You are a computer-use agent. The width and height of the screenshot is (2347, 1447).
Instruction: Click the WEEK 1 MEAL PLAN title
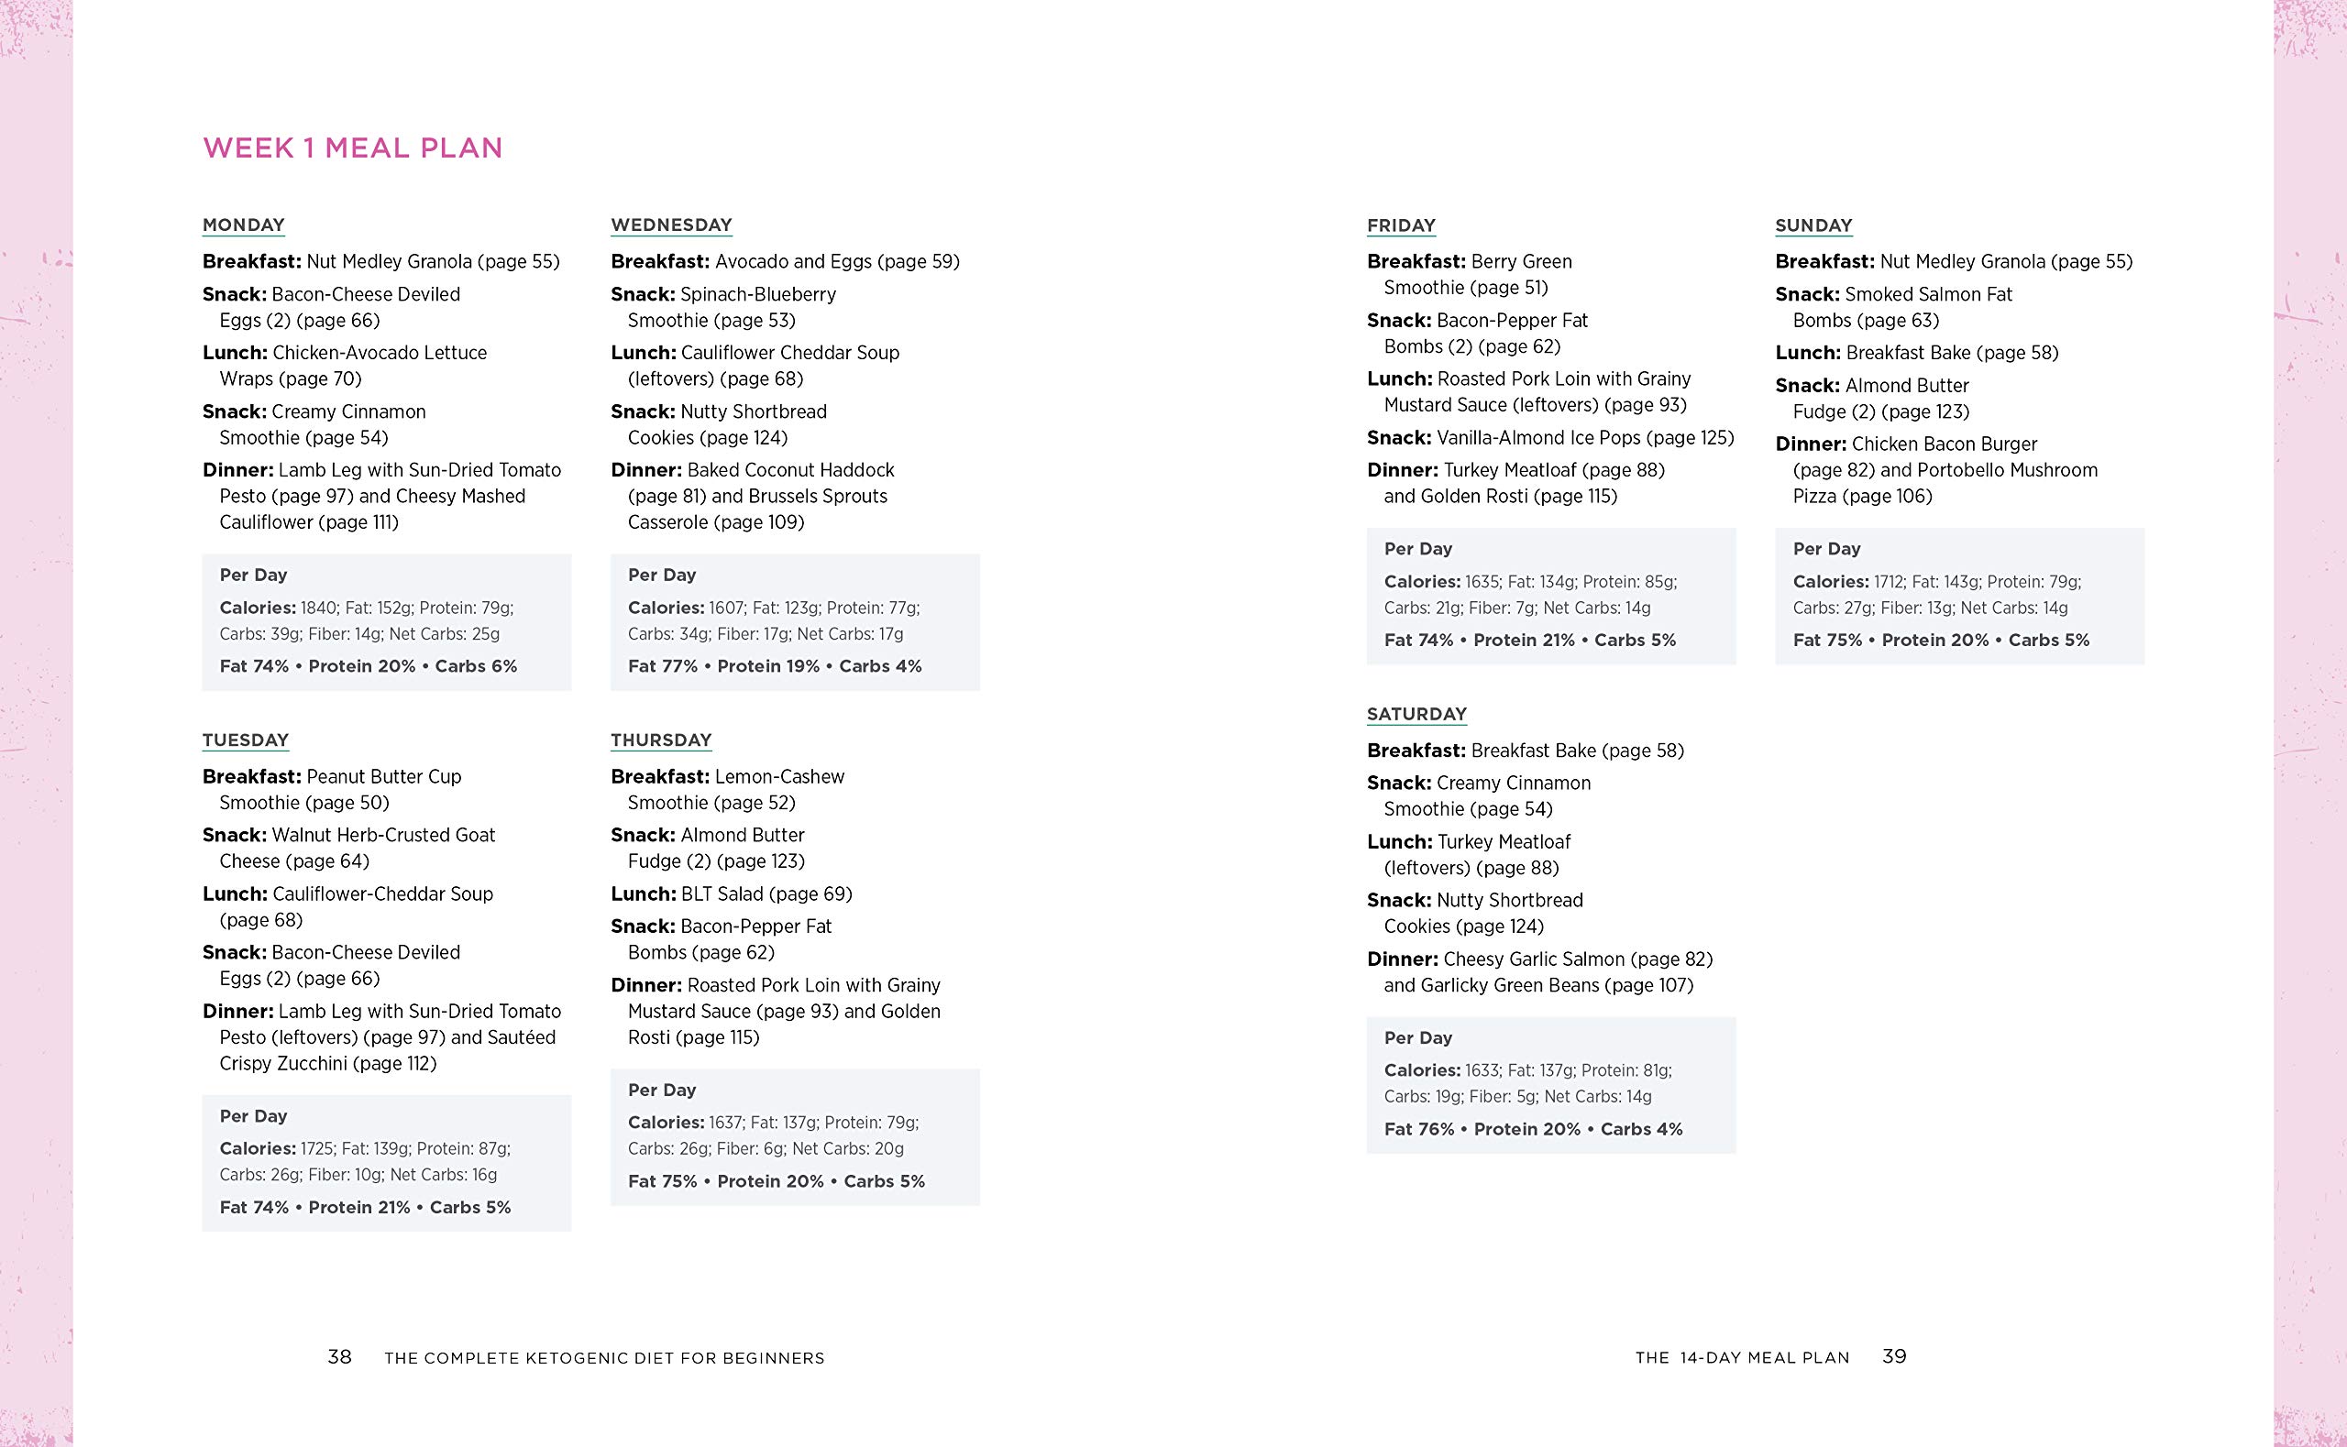[352, 148]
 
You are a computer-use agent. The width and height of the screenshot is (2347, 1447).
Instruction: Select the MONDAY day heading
[243, 225]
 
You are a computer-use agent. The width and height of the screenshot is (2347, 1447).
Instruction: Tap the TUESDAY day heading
[245, 740]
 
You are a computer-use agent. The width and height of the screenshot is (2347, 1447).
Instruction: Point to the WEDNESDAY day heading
[671, 225]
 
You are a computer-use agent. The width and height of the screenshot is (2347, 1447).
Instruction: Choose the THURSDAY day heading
[660, 740]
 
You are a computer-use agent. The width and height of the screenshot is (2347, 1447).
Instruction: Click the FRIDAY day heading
[1400, 225]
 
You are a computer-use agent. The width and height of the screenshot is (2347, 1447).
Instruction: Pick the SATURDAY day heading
[1416, 714]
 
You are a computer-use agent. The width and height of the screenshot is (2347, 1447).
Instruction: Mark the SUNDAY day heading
[1813, 225]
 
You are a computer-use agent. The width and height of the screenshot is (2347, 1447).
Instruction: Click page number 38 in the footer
[340, 1356]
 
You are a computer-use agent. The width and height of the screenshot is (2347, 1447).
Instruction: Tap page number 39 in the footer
[1894, 1356]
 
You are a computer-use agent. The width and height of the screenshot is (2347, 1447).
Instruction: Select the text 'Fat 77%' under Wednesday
[662, 666]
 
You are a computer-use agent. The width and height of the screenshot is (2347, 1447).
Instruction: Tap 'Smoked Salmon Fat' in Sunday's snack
[1928, 295]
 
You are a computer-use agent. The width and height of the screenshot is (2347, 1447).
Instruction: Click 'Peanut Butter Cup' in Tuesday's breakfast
[383, 776]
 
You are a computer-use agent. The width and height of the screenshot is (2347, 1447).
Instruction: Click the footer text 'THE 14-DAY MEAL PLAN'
[1742, 1357]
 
